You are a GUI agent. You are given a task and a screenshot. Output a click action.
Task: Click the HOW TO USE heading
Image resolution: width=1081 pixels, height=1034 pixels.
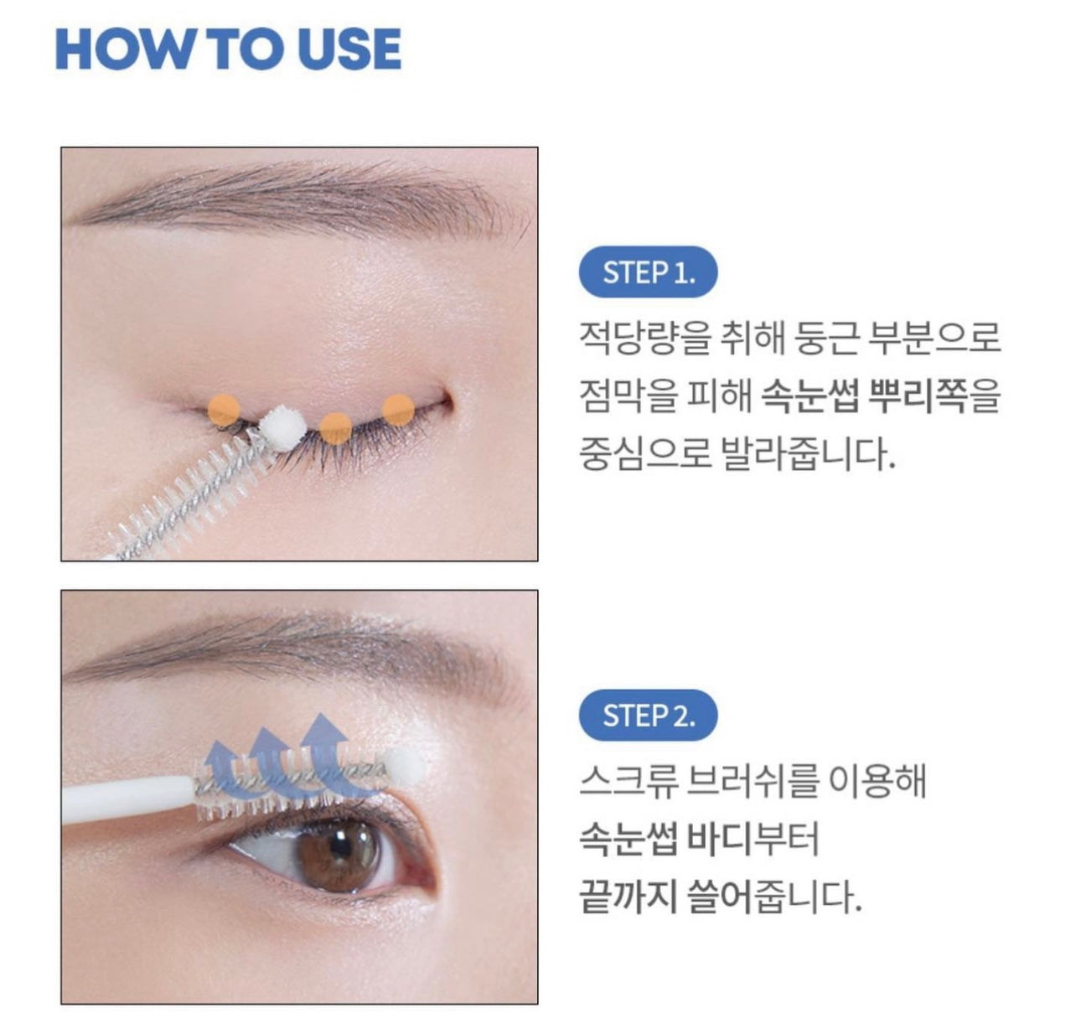228,49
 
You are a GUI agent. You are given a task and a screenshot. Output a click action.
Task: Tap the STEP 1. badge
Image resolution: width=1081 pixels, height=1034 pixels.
649,272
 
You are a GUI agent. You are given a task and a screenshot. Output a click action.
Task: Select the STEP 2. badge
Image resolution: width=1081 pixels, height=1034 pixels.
649,716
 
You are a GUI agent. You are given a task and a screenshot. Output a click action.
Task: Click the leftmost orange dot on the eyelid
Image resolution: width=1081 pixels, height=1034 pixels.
224,411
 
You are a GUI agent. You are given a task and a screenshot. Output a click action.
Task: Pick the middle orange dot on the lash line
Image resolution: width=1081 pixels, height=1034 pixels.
335,429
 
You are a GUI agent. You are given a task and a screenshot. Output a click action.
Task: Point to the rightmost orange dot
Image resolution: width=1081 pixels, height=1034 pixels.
398,411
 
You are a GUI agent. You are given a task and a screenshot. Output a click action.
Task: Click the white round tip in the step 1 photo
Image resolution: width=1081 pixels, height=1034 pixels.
283,428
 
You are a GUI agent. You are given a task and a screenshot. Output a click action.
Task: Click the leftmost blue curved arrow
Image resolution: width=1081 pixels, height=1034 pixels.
224,769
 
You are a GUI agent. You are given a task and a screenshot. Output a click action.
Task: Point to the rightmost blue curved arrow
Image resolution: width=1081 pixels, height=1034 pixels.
325,752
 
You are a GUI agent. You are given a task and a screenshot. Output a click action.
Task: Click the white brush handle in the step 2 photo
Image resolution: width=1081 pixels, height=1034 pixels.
127,798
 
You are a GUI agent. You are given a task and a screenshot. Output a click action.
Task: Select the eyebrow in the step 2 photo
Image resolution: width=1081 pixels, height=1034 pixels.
294,649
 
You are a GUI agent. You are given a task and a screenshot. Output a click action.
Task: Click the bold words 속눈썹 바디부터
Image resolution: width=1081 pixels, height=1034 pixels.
700,840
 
